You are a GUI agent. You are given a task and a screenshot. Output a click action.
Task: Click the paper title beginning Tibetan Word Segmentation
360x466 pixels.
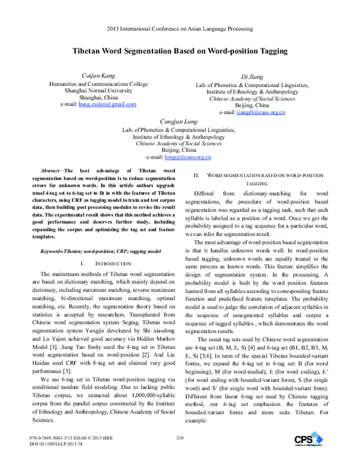click(x=180, y=52)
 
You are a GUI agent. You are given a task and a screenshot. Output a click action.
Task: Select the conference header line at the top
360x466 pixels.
click(x=180, y=28)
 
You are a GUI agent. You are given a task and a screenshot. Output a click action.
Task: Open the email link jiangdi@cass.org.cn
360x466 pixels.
click(x=260, y=112)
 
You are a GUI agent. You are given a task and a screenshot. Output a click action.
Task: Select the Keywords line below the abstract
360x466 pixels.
click(x=91, y=250)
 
